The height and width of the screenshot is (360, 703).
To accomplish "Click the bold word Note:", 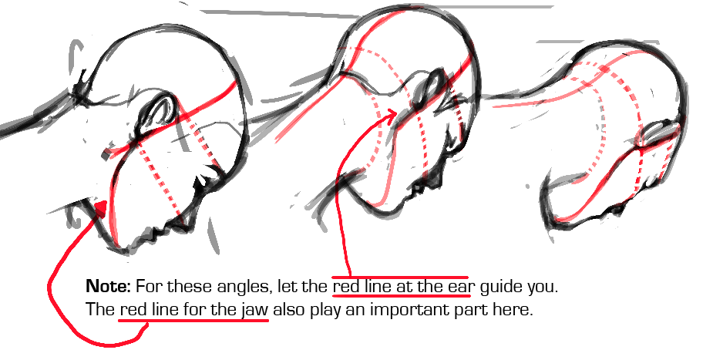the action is click(108, 285).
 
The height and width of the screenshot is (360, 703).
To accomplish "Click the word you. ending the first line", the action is click(543, 288).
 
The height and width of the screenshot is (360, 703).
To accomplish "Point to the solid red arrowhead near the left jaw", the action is click(100, 210).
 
